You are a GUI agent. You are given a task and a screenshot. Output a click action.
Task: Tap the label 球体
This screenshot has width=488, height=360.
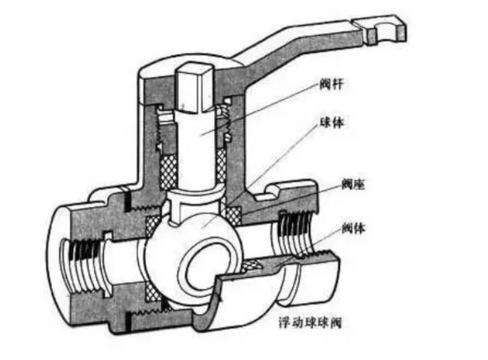tap(335, 124)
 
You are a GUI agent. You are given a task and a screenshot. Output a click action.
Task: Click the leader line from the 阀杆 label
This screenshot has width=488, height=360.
tap(275, 104)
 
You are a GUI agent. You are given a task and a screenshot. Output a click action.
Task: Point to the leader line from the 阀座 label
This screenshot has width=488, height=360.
tap(294, 202)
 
